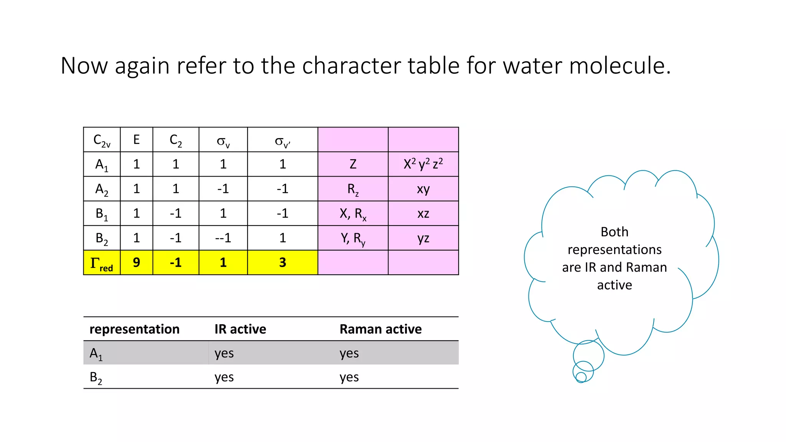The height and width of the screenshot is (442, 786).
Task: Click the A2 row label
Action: click(102, 189)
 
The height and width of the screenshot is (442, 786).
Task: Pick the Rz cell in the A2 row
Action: click(353, 189)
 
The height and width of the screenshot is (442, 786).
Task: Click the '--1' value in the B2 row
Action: click(223, 238)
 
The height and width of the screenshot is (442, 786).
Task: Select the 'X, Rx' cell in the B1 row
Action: click(353, 214)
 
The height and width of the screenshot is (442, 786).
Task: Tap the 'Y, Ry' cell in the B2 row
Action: click(353, 238)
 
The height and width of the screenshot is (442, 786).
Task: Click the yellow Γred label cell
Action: click(102, 263)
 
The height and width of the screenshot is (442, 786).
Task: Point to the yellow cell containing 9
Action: click(136, 263)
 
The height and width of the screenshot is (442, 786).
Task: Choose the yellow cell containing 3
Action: click(282, 263)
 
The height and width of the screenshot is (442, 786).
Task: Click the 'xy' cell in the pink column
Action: click(423, 189)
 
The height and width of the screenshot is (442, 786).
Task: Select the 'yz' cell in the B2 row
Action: click(423, 238)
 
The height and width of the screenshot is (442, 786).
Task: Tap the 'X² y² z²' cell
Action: click(423, 165)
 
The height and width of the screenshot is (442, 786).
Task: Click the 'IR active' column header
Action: click(240, 329)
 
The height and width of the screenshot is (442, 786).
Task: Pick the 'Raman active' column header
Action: click(380, 329)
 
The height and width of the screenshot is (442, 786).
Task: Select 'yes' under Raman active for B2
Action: click(349, 377)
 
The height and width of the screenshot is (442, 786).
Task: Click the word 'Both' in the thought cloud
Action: click(614, 232)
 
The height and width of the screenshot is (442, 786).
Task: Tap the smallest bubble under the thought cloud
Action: click(581, 377)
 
